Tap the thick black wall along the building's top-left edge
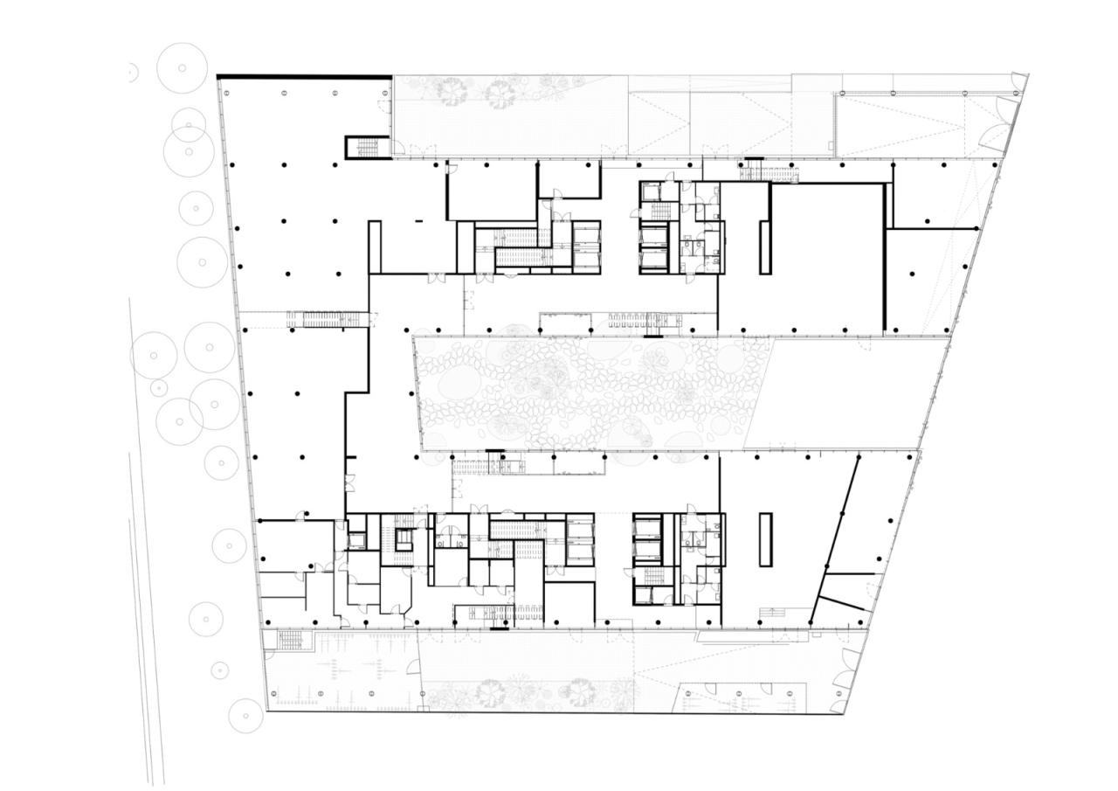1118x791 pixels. point(303,77)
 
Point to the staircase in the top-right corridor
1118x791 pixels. point(769,173)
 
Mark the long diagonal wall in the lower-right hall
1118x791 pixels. point(835,538)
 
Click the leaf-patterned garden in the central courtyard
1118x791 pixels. point(585,393)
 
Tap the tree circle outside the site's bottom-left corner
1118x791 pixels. point(245,716)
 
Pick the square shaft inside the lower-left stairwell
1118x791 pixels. point(403,540)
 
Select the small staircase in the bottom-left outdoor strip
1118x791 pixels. point(291,641)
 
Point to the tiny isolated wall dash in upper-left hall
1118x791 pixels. point(418,221)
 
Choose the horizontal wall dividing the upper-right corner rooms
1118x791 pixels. point(933,229)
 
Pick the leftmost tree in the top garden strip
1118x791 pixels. point(452,91)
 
